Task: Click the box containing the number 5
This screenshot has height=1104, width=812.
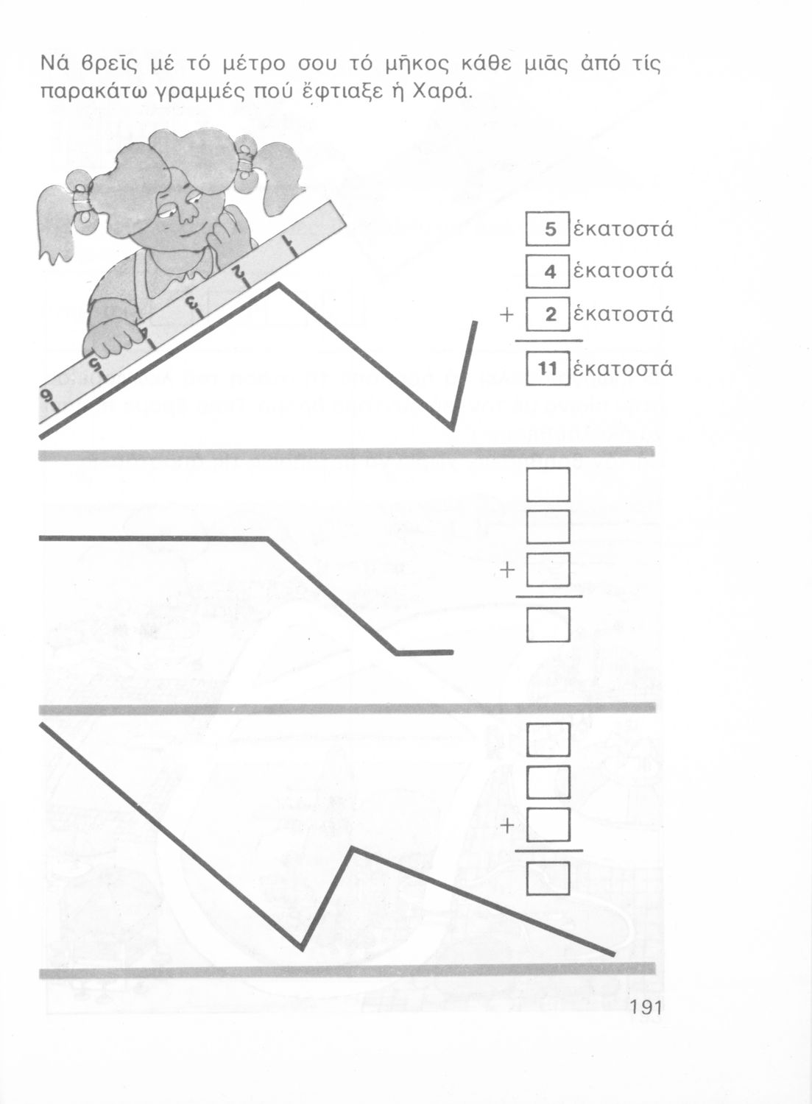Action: [548, 228]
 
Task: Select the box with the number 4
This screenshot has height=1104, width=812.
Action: [548, 271]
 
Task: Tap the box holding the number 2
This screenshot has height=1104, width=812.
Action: [548, 314]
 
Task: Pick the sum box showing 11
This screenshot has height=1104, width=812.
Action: [548, 368]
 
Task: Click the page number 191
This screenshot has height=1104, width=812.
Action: [646, 1008]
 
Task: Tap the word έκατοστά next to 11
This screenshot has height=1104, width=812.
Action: [624, 368]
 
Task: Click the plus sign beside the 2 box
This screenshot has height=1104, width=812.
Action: [507, 315]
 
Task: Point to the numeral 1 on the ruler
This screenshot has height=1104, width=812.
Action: [289, 245]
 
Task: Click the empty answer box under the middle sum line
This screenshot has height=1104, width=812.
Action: [548, 624]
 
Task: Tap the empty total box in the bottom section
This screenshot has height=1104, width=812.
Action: [548, 878]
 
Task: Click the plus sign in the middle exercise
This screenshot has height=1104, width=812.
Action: [507, 570]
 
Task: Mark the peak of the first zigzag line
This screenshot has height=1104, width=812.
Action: [278, 284]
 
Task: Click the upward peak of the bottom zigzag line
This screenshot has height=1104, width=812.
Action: [351, 849]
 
